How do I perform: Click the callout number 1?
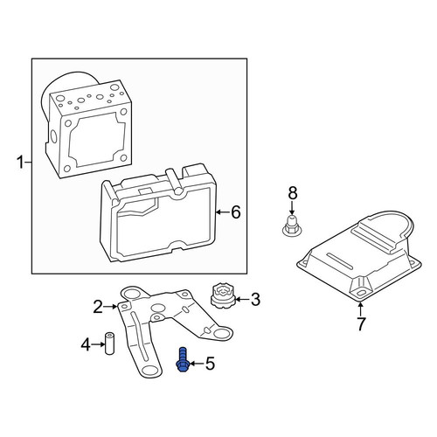(20, 162)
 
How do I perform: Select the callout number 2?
(98, 307)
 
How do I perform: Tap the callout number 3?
(255, 299)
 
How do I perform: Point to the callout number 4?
(86, 344)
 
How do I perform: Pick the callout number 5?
(210, 364)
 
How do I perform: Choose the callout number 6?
(236, 212)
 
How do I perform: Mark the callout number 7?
(361, 323)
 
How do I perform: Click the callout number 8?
(292, 192)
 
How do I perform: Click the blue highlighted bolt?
(183, 360)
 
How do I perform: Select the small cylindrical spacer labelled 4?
(109, 343)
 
